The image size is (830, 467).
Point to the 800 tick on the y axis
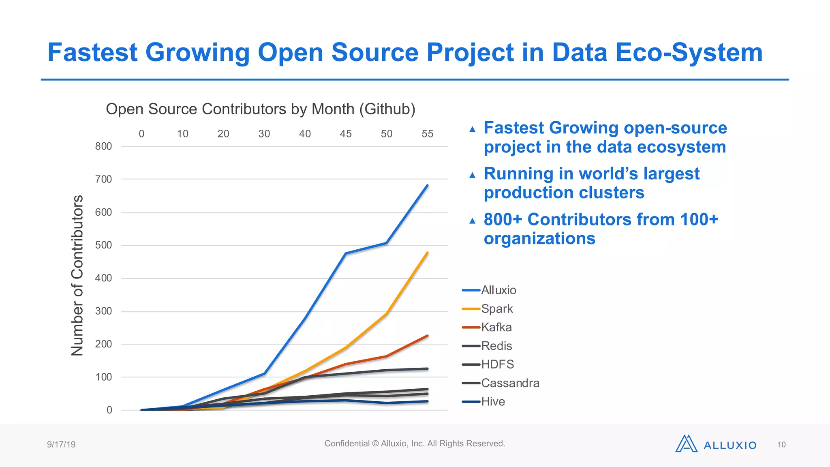[x=103, y=146]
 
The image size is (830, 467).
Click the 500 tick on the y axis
[x=103, y=245]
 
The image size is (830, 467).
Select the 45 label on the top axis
[x=346, y=134]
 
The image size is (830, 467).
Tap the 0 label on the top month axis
[x=141, y=134]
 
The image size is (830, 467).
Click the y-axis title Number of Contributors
[x=77, y=276]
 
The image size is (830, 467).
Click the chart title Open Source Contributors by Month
[x=260, y=109]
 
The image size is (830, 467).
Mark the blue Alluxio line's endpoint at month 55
[x=427, y=186]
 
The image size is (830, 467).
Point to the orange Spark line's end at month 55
[x=427, y=253]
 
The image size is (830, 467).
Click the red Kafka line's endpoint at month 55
[x=427, y=336]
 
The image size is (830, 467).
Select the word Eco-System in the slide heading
[x=689, y=53]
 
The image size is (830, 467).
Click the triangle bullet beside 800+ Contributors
[x=472, y=221]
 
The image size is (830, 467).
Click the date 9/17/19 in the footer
[x=61, y=444]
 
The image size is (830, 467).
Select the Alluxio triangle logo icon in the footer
[x=686, y=444]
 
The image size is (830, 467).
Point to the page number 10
[x=781, y=445]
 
